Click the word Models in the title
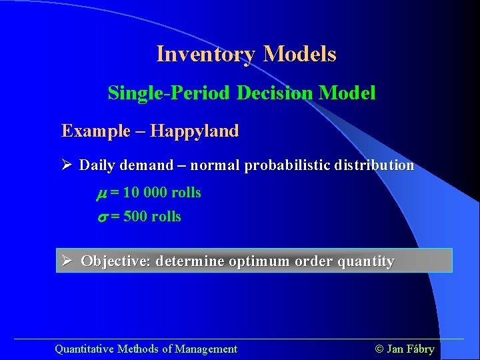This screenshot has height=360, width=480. [x=299, y=54]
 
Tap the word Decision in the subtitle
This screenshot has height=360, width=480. [x=275, y=93]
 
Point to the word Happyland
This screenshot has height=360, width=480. [x=194, y=131]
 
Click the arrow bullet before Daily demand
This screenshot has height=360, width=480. [x=67, y=165]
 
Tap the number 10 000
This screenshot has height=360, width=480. [x=144, y=193]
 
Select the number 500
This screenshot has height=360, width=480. [x=135, y=217]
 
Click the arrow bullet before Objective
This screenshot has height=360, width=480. [x=68, y=261]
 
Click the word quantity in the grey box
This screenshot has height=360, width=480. [x=365, y=261]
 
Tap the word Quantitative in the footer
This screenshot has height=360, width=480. [x=84, y=349]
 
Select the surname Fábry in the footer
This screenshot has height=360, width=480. [x=421, y=349]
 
